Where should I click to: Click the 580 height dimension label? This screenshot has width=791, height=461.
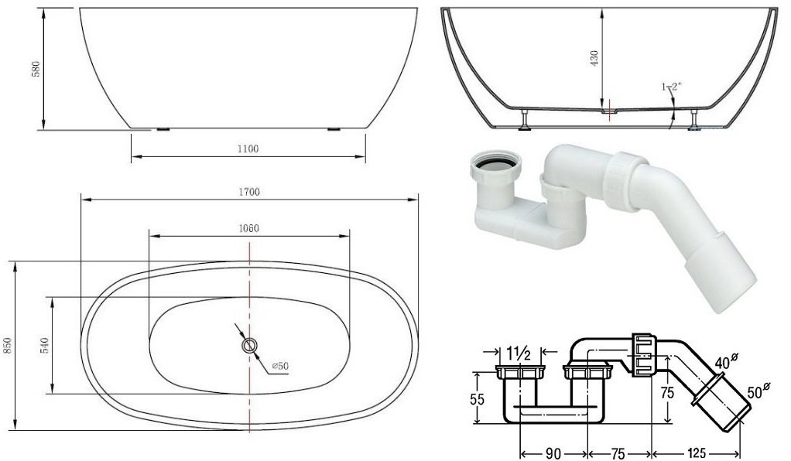pyautogui.click(x=36, y=69)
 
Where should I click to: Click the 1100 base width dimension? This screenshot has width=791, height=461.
pyautogui.click(x=248, y=149)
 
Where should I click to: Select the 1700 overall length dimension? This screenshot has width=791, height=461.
pyautogui.click(x=249, y=192)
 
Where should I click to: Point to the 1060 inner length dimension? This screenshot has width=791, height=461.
pyautogui.click(x=248, y=228)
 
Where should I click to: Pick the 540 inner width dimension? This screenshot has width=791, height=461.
pyautogui.click(x=45, y=346)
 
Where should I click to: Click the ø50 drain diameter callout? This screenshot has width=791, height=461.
pyautogui.click(x=280, y=366)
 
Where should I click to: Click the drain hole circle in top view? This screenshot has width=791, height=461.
pyautogui.click(x=249, y=346)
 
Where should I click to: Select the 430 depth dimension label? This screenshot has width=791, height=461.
pyautogui.click(x=594, y=59)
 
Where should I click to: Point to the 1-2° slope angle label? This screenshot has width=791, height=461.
pyautogui.click(x=671, y=87)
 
